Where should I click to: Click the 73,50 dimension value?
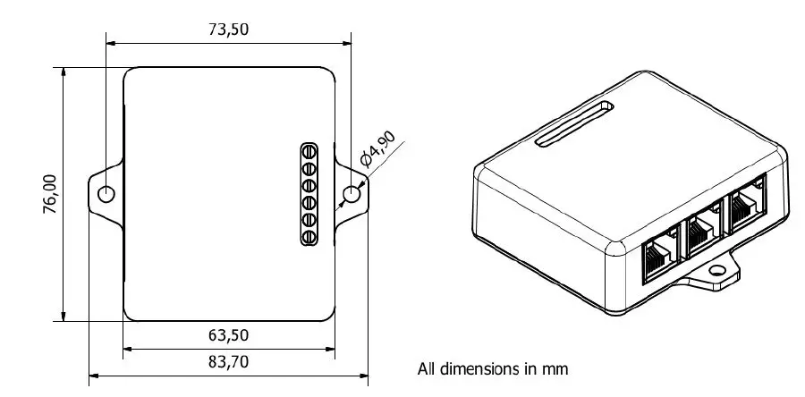click(x=228, y=29)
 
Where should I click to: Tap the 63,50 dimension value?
click(x=228, y=335)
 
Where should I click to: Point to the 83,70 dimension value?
click(x=228, y=362)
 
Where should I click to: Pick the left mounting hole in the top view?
click(x=106, y=194)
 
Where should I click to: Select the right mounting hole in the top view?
click(x=352, y=194)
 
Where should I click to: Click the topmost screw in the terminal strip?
click(x=309, y=151)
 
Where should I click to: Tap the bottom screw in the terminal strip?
click(x=309, y=237)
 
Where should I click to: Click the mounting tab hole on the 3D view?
click(x=718, y=269)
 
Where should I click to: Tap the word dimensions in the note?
click(x=474, y=368)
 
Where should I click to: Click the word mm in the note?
click(x=556, y=368)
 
